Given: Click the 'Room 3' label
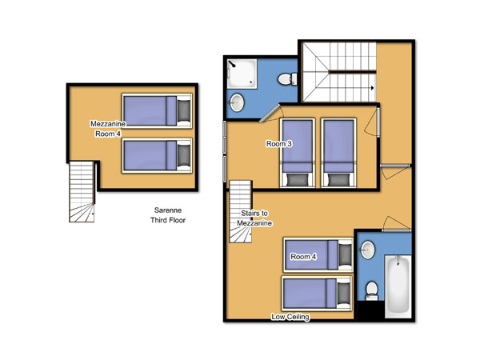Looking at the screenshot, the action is pos(279,143).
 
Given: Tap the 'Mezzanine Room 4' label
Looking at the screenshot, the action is pos(108,129).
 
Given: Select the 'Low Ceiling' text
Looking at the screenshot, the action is pos(290,317).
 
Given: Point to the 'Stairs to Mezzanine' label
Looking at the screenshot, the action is pos(254,218).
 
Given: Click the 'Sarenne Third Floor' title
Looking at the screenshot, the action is pos(168,215).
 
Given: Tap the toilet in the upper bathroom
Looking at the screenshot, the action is pos(287,79).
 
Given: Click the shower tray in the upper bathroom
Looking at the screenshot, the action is pos(242,74).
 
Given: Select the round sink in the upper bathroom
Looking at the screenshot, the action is pos(237,102).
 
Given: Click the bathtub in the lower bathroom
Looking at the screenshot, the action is pos(398,286).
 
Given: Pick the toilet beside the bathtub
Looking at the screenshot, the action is pos(372,291).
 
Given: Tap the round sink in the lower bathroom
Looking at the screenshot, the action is pos(367,250).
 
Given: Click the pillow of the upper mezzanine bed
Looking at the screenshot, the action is pos(184,111).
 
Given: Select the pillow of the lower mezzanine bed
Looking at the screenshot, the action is pos(184,155).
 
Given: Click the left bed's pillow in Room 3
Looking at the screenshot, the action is pos(298,179).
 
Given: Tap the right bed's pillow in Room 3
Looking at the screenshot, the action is pos(338,179).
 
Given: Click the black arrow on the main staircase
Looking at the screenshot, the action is pos(372,88).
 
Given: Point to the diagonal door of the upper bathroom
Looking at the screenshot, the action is pos(270,114).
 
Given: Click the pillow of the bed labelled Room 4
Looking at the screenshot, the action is pos(345,255).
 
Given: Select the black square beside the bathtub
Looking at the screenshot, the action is pos(371,310).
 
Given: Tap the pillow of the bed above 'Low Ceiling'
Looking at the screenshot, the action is pos(343,294).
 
